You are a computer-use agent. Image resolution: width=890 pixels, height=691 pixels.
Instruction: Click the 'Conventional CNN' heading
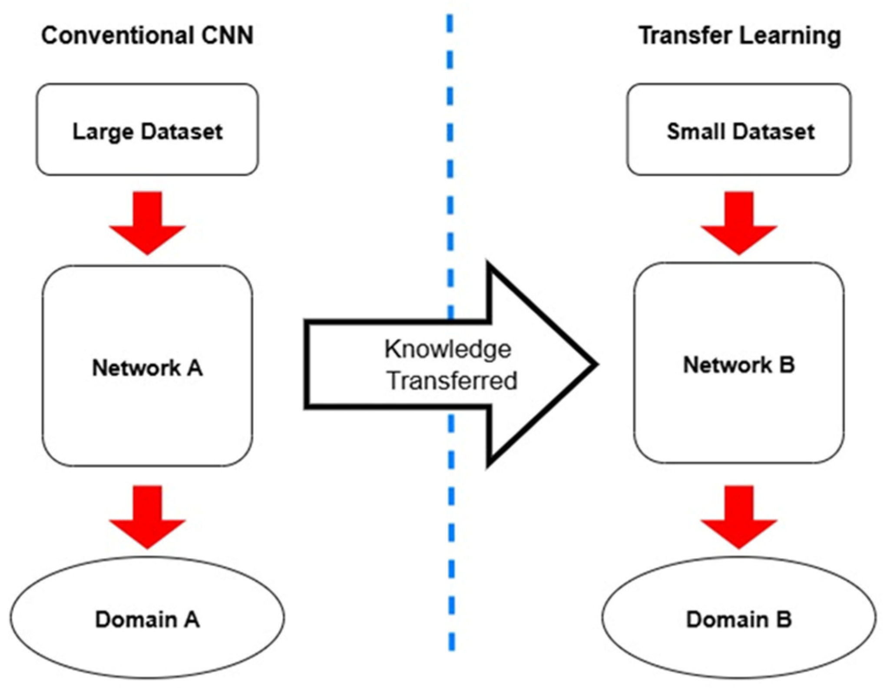click(x=147, y=36)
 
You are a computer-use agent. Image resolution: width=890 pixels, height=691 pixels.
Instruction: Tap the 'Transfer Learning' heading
click(x=739, y=36)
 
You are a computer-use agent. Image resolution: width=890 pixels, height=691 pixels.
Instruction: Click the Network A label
click(x=147, y=368)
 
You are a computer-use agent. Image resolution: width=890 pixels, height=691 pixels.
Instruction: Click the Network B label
click(x=738, y=364)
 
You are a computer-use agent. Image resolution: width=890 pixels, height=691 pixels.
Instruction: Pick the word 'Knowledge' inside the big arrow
click(x=448, y=350)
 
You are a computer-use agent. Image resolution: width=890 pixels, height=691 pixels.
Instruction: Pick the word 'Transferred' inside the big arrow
click(x=452, y=381)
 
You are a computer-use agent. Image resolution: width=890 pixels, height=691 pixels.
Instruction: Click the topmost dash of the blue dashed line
click(x=450, y=24)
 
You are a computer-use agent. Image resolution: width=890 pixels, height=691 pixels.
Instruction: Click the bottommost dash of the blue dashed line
click(x=452, y=641)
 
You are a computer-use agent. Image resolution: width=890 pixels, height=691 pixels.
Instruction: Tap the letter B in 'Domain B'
click(x=784, y=619)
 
